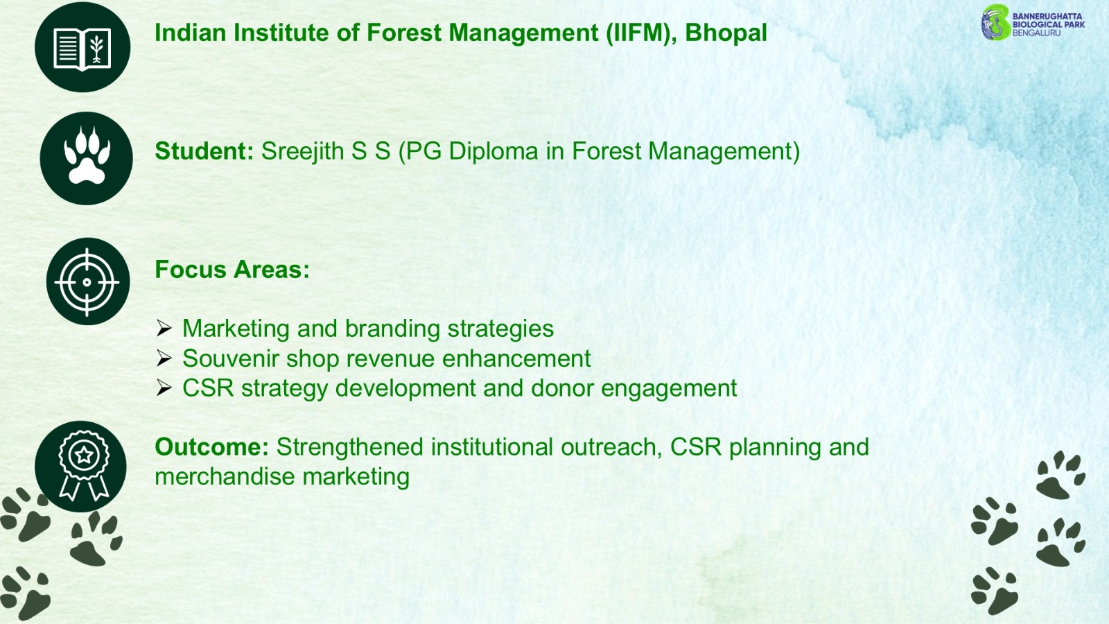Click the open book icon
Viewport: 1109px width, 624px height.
click(x=82, y=48)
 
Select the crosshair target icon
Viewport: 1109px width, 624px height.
click(x=87, y=281)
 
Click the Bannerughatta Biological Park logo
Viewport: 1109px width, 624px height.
click(x=1033, y=23)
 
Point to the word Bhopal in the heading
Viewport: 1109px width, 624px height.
click(x=726, y=33)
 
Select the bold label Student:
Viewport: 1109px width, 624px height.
click(x=204, y=151)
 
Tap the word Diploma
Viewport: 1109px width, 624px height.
click(x=493, y=152)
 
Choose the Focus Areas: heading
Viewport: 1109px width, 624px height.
click(x=232, y=270)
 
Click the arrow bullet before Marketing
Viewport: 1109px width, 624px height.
click(x=164, y=329)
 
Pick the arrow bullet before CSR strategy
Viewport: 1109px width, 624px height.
click(x=164, y=388)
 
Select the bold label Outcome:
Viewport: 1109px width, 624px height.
click(x=212, y=447)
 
